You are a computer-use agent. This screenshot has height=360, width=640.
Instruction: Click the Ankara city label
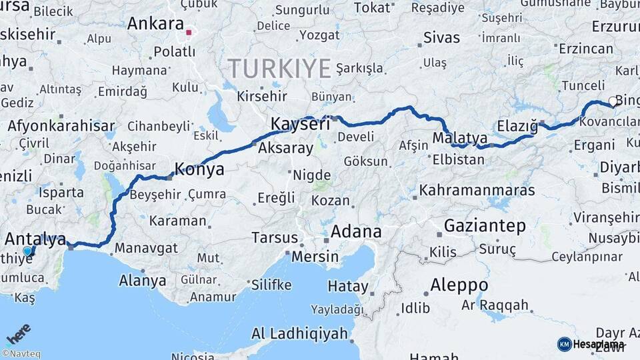(155, 24)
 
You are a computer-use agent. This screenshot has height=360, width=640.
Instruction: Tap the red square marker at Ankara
(189, 32)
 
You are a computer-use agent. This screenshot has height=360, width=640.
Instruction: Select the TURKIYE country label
(279, 68)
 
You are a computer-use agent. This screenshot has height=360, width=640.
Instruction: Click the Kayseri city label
(300, 124)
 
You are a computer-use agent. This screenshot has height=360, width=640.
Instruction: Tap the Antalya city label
(35, 239)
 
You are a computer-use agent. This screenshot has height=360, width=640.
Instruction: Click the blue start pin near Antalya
(28, 251)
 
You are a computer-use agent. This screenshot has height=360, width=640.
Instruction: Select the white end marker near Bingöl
(613, 102)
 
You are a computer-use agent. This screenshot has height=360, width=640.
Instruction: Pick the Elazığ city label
(517, 125)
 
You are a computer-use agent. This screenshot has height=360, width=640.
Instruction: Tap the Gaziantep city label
(485, 225)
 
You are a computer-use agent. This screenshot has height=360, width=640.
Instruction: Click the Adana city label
(357, 232)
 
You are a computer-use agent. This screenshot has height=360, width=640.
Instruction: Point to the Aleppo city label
(459, 285)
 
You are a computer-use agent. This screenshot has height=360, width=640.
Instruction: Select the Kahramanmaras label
(477, 190)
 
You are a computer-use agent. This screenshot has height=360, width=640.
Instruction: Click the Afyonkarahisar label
(61, 126)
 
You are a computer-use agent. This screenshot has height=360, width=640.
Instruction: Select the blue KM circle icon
(564, 344)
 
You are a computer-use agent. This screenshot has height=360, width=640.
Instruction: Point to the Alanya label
(142, 281)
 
